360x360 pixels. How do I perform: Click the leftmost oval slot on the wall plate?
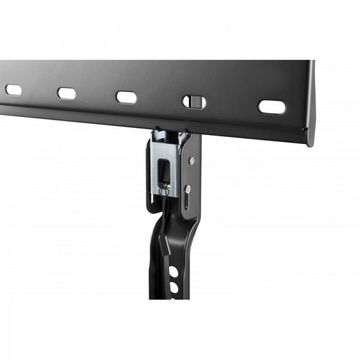13,90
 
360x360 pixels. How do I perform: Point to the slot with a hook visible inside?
192,100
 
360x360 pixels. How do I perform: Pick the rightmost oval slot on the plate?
272,106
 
